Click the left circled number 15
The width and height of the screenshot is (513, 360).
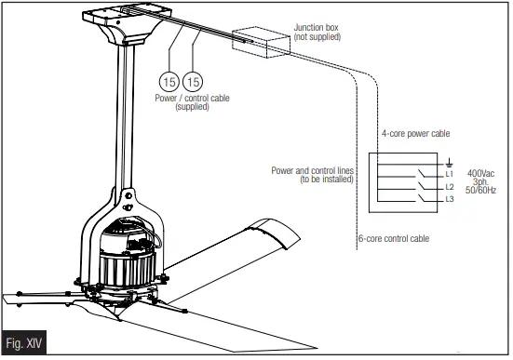click(169, 81)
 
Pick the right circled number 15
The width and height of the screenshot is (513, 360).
click(194, 81)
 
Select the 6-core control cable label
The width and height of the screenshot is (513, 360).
click(395, 238)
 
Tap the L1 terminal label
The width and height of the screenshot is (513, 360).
click(450, 174)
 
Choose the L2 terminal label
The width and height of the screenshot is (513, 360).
click(450, 187)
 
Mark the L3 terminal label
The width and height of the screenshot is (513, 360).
click(450, 200)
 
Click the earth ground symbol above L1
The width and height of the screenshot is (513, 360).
click(449, 161)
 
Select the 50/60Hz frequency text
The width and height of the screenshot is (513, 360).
click(481, 190)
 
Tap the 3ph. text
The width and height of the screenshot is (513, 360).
click(480, 181)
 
